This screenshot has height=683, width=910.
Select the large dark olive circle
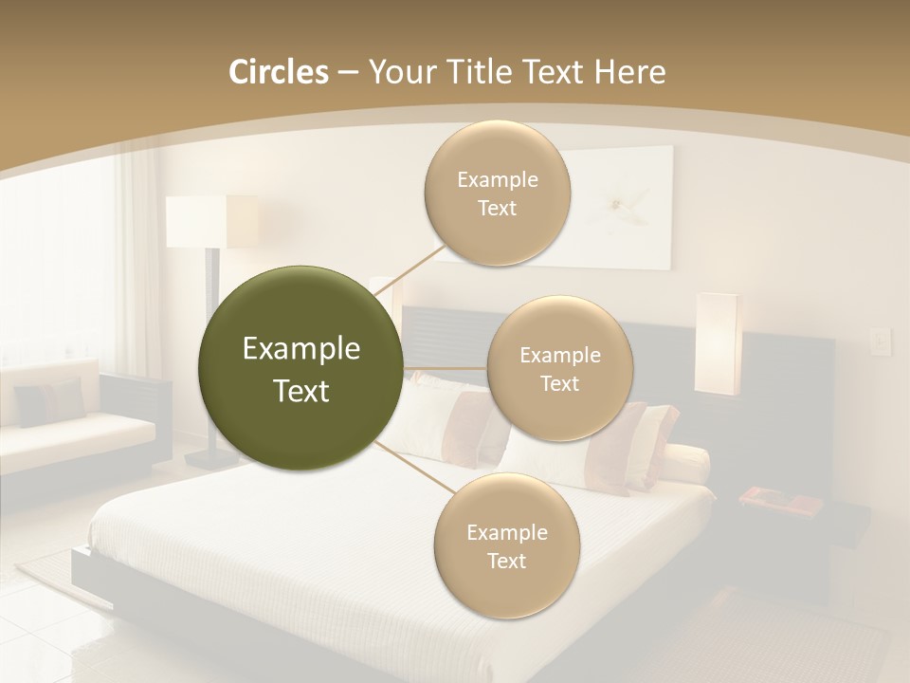300,368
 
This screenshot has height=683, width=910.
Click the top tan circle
498,194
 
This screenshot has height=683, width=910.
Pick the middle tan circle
560,369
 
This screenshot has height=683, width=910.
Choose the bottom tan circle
506,545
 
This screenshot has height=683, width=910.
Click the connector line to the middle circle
446,368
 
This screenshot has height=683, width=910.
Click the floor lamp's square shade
211,221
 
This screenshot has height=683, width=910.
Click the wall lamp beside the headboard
717,343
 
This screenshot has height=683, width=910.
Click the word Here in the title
630,72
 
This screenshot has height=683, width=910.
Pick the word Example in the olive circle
300,349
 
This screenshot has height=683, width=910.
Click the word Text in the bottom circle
506,561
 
